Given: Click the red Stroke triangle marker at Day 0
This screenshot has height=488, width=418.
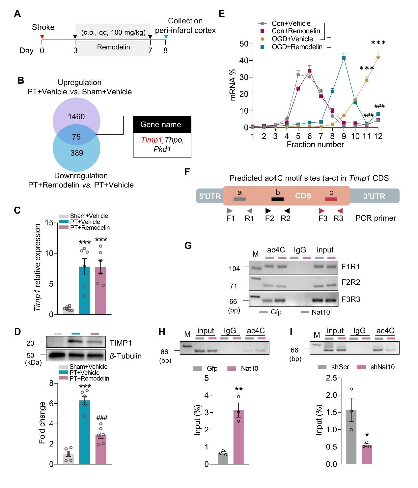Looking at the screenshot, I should (42, 37).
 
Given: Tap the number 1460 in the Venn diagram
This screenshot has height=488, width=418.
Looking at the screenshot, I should (77, 116).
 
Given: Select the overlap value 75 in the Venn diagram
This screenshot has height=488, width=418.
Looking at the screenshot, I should (76, 137).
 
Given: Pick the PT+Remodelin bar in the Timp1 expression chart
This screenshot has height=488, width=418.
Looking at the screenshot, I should (101, 290).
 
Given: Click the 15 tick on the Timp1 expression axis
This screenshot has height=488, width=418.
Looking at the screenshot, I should (49, 223).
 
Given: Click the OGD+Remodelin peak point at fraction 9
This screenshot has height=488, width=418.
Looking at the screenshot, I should (344, 58).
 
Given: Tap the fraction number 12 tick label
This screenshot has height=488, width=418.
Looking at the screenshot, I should (378, 136).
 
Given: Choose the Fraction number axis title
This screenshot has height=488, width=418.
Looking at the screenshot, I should (315, 144).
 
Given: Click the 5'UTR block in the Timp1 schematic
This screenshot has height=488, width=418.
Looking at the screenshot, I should (209, 196).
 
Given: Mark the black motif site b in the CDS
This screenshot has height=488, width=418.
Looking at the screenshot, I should (278, 199).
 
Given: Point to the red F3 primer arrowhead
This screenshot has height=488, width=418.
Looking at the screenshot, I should (321, 210).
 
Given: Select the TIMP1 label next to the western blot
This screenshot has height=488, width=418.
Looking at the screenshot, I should (121, 343).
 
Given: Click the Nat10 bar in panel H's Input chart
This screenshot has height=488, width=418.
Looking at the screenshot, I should (238, 437).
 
